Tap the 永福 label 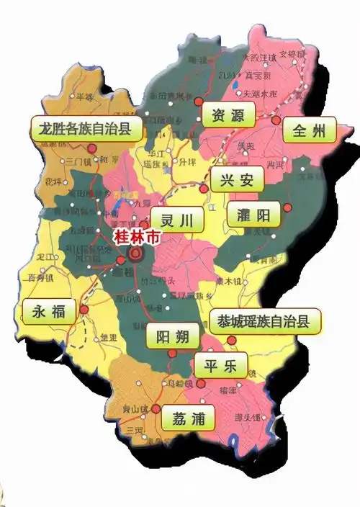[49, 311]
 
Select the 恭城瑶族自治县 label [264, 321]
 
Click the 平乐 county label [220, 364]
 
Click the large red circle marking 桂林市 [135, 255]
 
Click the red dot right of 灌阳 [288, 208]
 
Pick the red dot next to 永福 [84, 310]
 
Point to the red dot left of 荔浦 [155, 408]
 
